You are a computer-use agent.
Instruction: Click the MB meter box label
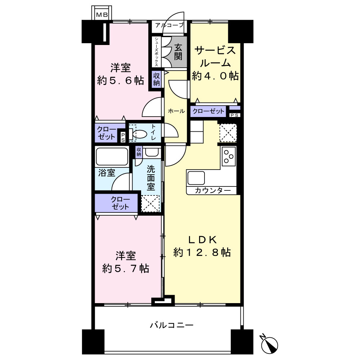[x=102, y=15]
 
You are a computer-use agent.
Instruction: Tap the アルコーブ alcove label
[x=170, y=25]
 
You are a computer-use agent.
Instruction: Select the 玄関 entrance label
[x=178, y=51]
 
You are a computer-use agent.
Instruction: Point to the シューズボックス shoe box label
[x=156, y=51]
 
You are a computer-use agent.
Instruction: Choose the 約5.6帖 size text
[x=121, y=81]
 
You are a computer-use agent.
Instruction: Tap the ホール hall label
[x=176, y=111]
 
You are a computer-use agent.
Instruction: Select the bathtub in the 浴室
[x=112, y=157]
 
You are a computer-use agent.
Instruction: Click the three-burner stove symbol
[x=229, y=156]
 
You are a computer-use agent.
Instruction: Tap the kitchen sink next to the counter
[x=196, y=178]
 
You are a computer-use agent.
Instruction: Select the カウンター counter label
[x=213, y=190]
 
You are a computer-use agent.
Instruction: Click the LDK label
[x=202, y=240]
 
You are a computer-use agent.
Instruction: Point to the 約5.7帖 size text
[x=126, y=269]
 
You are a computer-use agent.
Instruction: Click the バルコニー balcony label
[x=172, y=325]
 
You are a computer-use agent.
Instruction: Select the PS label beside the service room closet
[x=234, y=115]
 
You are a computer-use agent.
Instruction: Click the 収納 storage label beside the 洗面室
[x=139, y=152]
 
